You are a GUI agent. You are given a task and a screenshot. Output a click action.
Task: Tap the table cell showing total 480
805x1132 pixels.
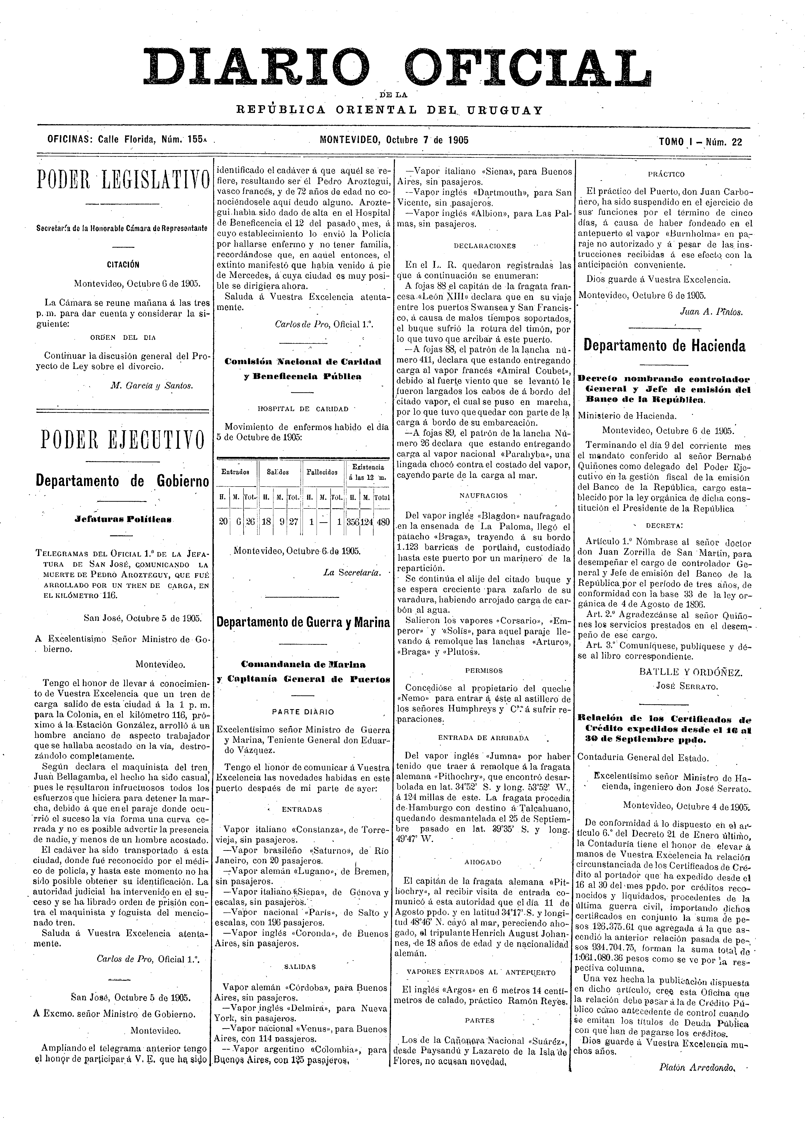(x=383, y=522)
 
